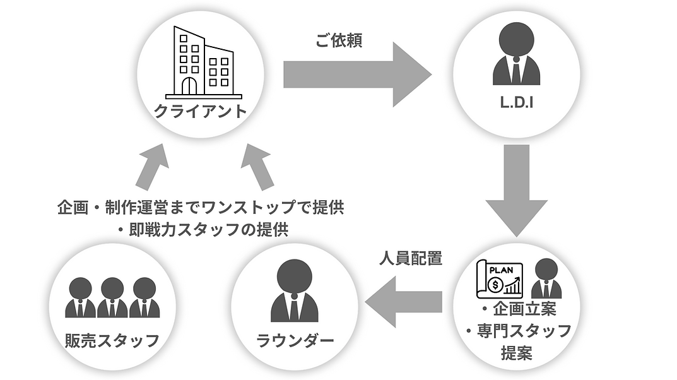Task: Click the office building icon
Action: coord(203,62)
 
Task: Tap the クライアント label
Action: coord(201,111)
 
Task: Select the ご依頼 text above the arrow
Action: coord(338,40)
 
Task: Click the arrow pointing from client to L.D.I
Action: coord(358,74)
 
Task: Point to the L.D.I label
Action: coord(516,102)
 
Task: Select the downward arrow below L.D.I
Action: coord(516,191)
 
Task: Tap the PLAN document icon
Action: coord(500,280)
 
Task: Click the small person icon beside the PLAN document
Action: coord(546,278)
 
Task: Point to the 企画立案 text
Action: coord(524,309)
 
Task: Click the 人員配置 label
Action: coord(411,258)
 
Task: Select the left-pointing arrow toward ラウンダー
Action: coord(403,301)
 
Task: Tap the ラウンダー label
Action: coord(295,341)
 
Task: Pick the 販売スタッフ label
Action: coord(112,341)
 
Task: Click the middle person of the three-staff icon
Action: coord(112,297)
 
